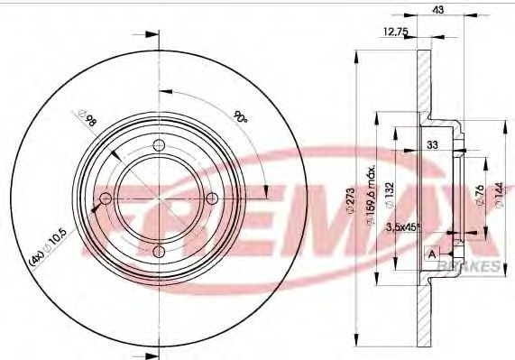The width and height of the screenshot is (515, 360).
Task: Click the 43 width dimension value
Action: pos(438,9)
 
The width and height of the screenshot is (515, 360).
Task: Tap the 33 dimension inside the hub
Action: pos(432,144)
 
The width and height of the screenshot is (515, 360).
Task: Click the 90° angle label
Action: pos(240,117)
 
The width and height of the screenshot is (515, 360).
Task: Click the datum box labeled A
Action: pos(433,254)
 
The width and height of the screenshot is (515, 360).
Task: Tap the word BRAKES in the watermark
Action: pos(474,263)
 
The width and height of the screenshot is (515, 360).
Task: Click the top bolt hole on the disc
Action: pos(160,147)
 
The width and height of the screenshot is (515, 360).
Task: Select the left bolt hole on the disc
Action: pos(106,198)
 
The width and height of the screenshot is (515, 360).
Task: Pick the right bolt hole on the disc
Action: pos(213,198)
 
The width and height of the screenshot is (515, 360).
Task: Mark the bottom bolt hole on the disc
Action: pos(160,252)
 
